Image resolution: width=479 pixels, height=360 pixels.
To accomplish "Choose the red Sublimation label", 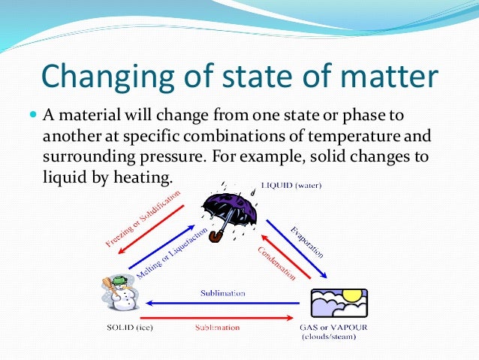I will point(217,328).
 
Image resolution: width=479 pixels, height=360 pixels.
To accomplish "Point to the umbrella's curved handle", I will point(215,238).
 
